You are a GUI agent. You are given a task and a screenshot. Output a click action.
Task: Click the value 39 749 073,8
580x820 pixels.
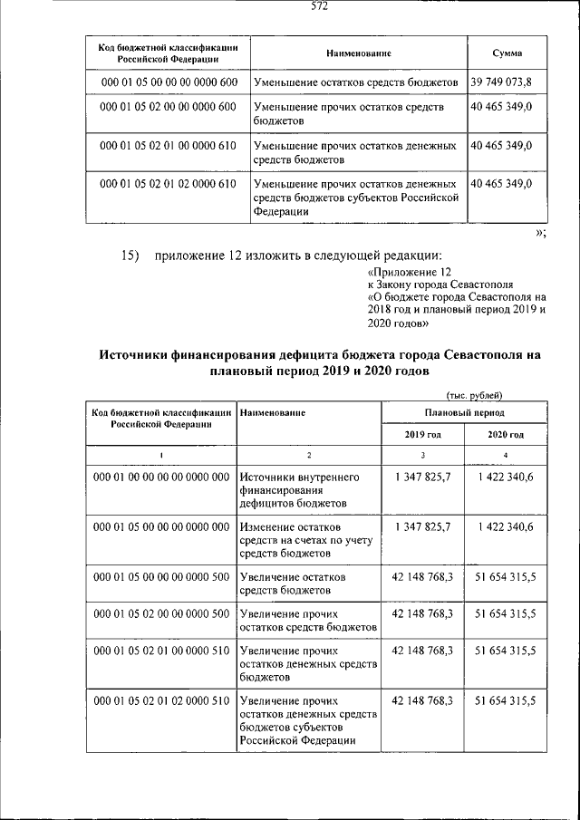[x=501, y=82]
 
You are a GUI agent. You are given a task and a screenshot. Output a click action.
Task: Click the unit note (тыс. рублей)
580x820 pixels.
[x=475, y=394]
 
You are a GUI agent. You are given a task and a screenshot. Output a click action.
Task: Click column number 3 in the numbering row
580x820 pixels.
[x=422, y=455]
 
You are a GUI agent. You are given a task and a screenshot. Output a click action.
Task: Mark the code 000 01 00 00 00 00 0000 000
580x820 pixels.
[x=161, y=477]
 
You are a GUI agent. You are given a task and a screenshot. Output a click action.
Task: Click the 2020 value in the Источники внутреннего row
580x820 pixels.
[x=505, y=477]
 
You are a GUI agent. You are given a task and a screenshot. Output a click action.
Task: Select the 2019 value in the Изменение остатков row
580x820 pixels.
[x=423, y=526]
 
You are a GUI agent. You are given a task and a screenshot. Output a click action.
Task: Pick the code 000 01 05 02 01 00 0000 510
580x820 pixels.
[x=161, y=651]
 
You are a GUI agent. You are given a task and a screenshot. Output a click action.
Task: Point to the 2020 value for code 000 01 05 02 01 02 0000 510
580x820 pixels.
[x=505, y=700]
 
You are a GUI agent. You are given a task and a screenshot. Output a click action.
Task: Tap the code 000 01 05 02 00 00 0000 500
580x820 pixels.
[x=161, y=613]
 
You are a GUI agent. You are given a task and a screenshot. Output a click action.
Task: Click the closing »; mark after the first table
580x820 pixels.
[x=540, y=233]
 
